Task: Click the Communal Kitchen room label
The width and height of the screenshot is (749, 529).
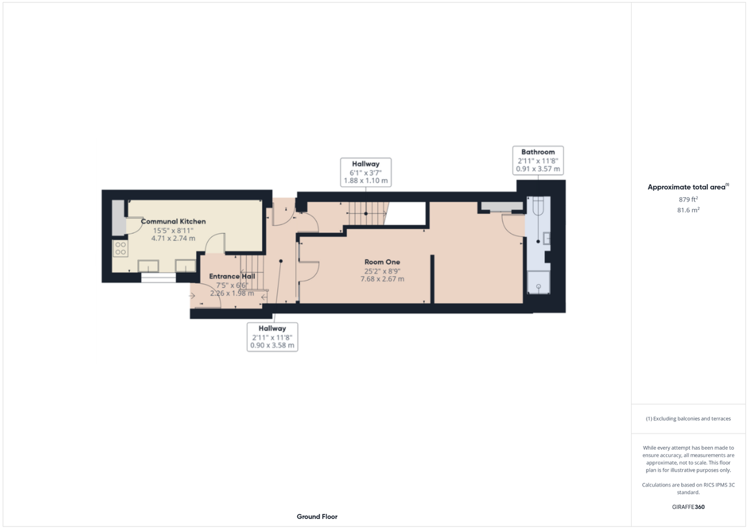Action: [x=173, y=221]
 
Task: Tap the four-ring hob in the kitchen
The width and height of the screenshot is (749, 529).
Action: [x=120, y=248]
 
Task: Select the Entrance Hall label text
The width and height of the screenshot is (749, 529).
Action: [x=232, y=276]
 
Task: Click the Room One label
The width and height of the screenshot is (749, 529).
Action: [x=382, y=262]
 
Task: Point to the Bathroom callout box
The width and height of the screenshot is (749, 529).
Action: [x=537, y=160]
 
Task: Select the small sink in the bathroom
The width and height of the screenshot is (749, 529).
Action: [x=546, y=238]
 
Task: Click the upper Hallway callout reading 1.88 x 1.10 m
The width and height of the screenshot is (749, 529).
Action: [x=365, y=172]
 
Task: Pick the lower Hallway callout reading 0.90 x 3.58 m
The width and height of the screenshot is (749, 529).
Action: [x=272, y=336]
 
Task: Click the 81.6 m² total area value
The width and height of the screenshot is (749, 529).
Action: [x=688, y=210]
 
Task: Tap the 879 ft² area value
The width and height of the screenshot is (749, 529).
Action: [x=688, y=200]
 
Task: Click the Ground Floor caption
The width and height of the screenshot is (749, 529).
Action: [x=317, y=517]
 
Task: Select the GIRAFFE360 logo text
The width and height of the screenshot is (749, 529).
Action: [x=688, y=507]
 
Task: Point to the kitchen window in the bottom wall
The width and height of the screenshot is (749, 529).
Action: [x=158, y=278]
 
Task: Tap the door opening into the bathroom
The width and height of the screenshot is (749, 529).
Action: [x=514, y=225]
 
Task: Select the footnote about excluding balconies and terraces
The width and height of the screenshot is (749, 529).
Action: [x=688, y=419]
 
